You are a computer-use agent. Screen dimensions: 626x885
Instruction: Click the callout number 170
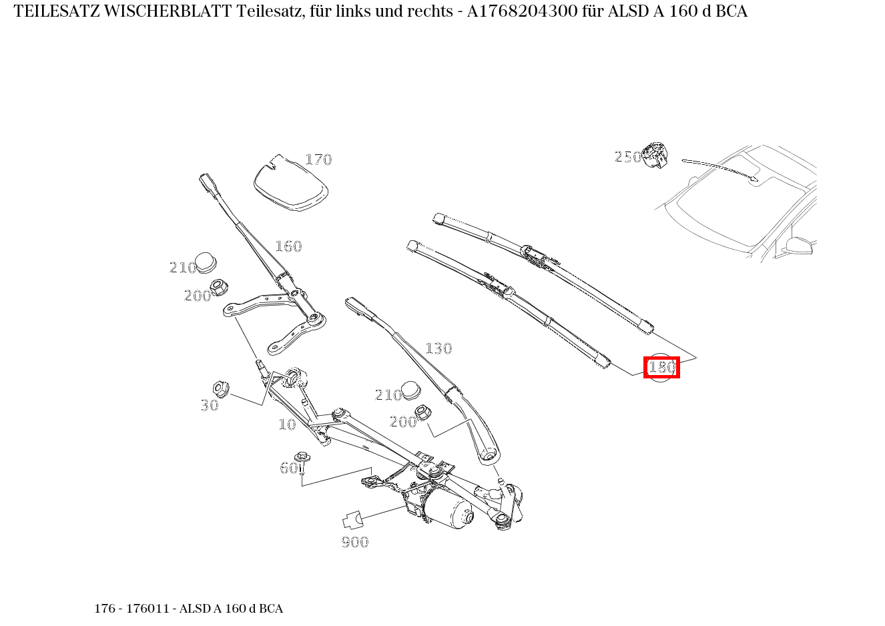pos(318,160)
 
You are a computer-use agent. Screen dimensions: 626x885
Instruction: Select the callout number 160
pos(288,246)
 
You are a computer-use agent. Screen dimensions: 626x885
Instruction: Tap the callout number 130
pos(438,348)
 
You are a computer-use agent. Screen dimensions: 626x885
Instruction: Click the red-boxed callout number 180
pos(661,367)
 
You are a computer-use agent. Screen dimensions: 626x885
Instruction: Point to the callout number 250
pos(627,157)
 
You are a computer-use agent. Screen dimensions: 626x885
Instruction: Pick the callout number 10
pos(287,424)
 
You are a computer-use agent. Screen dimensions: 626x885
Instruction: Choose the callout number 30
pos(210,405)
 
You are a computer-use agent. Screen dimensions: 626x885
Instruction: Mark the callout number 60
pos(288,468)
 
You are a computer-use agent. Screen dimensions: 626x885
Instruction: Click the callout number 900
pos(355,542)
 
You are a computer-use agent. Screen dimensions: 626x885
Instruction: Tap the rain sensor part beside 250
pos(655,155)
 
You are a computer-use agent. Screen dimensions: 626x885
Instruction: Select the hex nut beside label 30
pos(220,388)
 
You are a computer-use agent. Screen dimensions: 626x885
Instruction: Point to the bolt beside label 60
pos(304,462)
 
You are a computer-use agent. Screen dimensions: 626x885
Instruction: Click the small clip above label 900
pos(352,519)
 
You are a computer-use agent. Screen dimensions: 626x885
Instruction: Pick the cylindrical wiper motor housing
pos(449,511)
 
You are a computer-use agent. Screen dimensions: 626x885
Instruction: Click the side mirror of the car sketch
pos(798,246)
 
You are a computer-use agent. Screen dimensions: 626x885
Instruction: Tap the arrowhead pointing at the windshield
pos(755,178)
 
